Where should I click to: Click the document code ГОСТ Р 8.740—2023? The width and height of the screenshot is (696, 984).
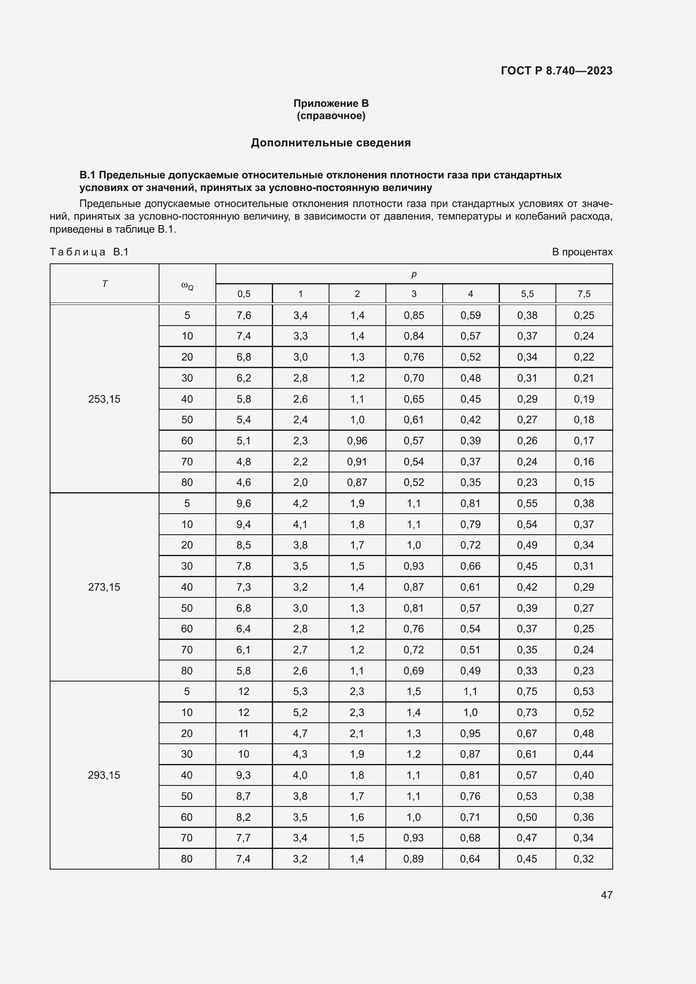click(556, 71)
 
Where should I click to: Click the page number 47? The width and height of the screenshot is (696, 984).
click(606, 894)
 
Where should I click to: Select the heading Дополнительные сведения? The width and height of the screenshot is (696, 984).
click(330, 143)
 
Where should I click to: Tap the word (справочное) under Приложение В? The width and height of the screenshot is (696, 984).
click(331, 116)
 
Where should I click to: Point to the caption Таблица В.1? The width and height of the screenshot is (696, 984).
click(89, 252)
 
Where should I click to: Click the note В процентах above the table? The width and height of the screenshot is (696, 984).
click(582, 252)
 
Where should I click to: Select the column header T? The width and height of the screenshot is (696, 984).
click(105, 284)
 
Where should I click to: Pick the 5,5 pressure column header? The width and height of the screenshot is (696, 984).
click(527, 294)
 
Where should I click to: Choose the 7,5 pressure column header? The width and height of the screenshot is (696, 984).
click(584, 294)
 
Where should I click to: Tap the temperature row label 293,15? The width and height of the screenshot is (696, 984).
click(104, 775)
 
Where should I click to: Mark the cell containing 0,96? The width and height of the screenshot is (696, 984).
click(357, 440)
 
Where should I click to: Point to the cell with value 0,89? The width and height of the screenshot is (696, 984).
click(414, 859)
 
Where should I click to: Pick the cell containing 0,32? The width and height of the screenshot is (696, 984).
click(584, 859)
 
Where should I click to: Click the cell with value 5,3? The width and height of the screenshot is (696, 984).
click(300, 691)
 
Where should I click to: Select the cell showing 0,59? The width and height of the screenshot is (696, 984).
click(470, 316)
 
